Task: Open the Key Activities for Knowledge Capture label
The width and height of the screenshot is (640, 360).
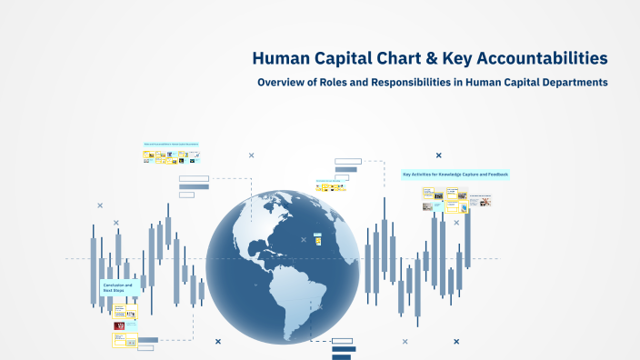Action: click(x=455, y=174)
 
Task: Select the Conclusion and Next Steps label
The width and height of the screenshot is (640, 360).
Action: click(x=118, y=287)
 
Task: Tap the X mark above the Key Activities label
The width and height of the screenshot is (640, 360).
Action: click(x=439, y=155)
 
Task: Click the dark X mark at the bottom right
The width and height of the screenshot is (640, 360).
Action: click(x=456, y=342)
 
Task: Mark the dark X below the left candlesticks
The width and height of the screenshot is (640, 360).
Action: click(x=218, y=342)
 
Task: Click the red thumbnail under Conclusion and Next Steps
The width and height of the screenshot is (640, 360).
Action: click(x=118, y=325)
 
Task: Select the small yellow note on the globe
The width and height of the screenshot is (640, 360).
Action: click(x=317, y=241)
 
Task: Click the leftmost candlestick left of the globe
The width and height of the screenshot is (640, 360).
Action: click(x=93, y=259)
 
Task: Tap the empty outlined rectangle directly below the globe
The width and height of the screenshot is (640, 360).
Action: click(x=343, y=341)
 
